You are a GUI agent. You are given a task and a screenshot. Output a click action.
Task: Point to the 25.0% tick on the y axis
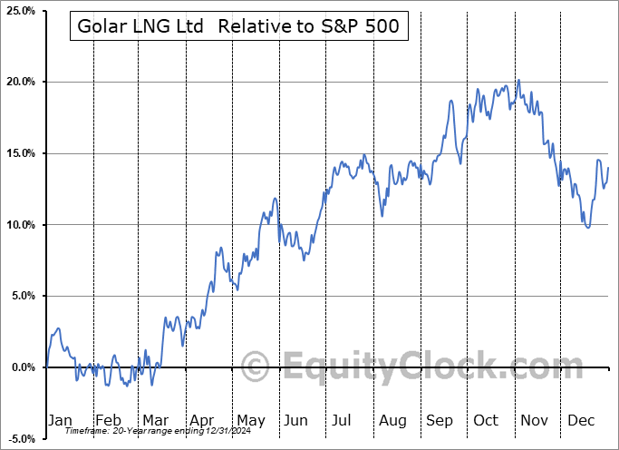pos(18,11)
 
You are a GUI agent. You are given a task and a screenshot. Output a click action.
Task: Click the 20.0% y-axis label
pos(18,83)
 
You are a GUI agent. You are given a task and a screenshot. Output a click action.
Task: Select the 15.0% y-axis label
pos(18,153)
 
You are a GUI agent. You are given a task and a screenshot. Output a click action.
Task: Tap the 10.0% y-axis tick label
pos(18,225)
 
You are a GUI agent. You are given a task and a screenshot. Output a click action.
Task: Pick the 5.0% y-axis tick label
pos(21,296)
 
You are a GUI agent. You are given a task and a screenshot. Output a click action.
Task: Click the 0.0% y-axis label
pos(21,367)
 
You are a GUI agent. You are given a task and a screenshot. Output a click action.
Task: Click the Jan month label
pos(59,420)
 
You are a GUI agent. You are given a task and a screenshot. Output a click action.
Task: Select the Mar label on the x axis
pos(154,420)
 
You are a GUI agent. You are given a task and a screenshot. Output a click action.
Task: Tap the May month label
pos(250,420)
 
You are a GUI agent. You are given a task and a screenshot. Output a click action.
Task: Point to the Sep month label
pos(441,420)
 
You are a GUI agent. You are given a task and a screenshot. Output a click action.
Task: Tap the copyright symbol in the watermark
pos(255,367)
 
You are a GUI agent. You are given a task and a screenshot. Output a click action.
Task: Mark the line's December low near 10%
pos(588,227)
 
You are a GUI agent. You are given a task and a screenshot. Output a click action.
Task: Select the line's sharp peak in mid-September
pos(451,101)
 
